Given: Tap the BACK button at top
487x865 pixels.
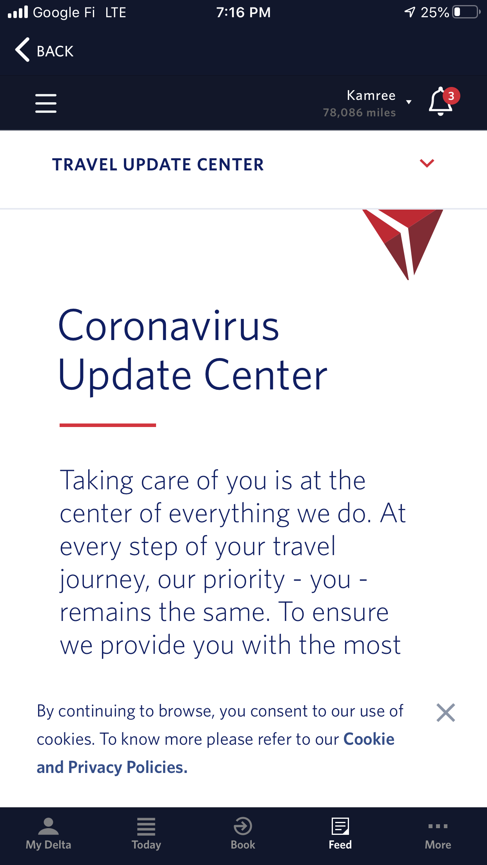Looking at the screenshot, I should [x=44, y=51].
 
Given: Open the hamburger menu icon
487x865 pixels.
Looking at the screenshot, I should [x=46, y=103].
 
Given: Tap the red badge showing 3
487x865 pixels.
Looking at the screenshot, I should [x=451, y=96].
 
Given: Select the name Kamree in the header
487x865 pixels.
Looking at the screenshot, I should [x=371, y=95].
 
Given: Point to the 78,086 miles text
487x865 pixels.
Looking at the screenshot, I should [x=359, y=113].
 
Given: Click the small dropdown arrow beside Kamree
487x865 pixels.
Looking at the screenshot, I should [x=409, y=102].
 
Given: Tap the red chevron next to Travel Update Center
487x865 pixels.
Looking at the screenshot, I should [x=427, y=163].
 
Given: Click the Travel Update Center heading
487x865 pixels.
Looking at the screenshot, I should [x=158, y=165].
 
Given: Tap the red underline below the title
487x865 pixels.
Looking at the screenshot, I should [x=108, y=425].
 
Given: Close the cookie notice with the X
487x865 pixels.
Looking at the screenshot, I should [x=445, y=713].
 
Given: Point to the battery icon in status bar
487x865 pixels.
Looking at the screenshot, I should [x=466, y=12].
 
